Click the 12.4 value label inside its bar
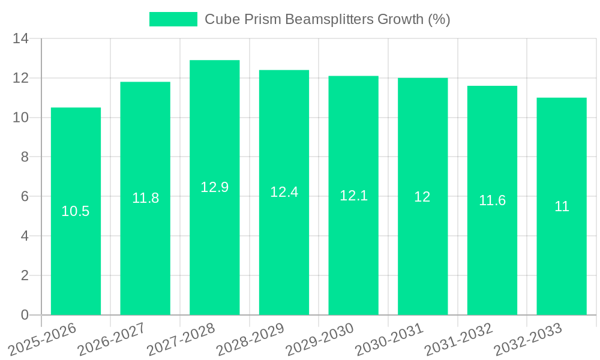(284, 192)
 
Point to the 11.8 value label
(145, 198)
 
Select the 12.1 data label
(353, 196)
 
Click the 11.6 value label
(492, 201)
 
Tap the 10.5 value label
(76, 211)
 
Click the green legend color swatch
(173, 19)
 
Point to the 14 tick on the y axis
(21, 39)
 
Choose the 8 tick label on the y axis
(25, 157)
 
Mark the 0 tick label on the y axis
(25, 315)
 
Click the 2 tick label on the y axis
(25, 275)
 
